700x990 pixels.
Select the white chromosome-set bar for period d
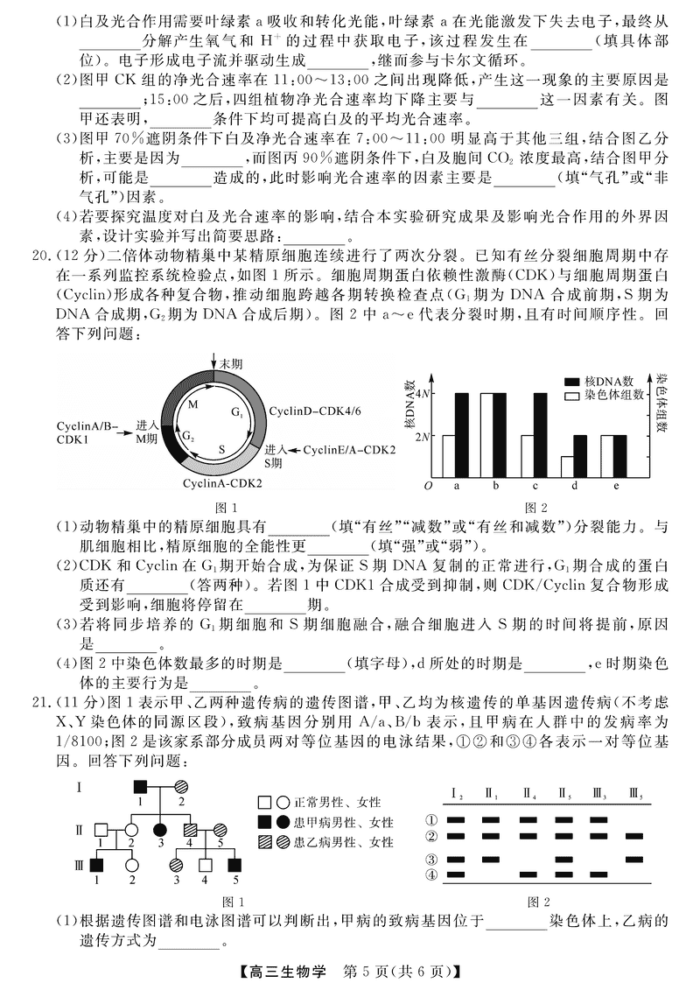(x=568, y=467)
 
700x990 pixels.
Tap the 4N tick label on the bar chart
(x=423, y=394)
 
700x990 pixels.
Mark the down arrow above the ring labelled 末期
(x=213, y=365)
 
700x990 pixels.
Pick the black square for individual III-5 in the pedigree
(x=234, y=867)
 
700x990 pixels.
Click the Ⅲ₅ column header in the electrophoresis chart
(x=635, y=794)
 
